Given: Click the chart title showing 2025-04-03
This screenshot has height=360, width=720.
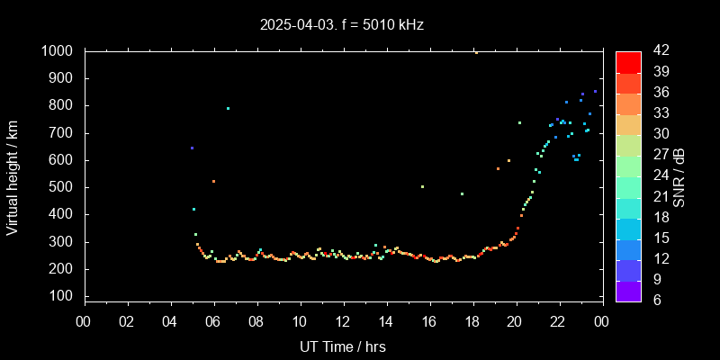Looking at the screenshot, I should pos(341,24).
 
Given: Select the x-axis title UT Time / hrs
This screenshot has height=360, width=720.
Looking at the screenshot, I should pos(342,346).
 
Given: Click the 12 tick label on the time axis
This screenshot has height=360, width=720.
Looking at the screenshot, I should pos(342,320).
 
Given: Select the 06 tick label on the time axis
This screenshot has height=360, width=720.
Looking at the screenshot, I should pos(213,320).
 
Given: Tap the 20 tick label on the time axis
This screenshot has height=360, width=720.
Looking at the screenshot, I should pos(515,320).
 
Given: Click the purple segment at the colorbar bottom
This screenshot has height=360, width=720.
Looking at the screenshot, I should pos(628,290).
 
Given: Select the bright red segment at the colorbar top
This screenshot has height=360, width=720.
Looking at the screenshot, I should pos(628,61).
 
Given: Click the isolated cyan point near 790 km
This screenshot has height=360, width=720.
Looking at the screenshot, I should pos(228,108).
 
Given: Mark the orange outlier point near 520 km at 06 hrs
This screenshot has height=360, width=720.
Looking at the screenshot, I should pos(213,181).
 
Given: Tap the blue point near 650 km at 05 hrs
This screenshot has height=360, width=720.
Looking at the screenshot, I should pos(192,148).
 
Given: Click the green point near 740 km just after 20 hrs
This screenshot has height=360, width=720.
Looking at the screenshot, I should pos(519,122).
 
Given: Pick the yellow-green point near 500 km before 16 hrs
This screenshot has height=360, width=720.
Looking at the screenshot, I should pos(422,186).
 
